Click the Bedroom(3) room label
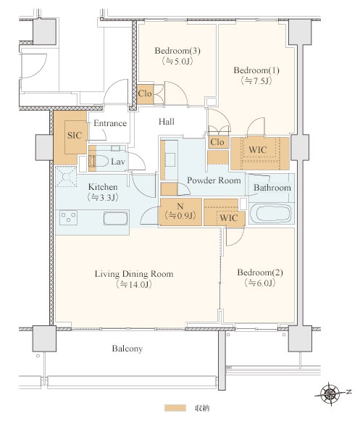coord(177,51)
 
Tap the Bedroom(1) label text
coord(256,70)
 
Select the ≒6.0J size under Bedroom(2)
coord(260,283)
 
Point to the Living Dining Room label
coord(134,274)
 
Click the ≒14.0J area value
coord(134,284)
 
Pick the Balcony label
coord(127,349)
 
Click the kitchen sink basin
coord(115,218)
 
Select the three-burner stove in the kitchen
coord(69,217)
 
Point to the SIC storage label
coord(75,136)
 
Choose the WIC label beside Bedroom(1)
coord(257,149)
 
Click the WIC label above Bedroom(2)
coord(228,218)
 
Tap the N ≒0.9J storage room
coord(180,212)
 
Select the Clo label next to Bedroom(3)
coord(145,93)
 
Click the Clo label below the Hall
coord(217,142)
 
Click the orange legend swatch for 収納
coord(175,408)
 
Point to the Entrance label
coord(110,123)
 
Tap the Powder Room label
coord(214,180)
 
